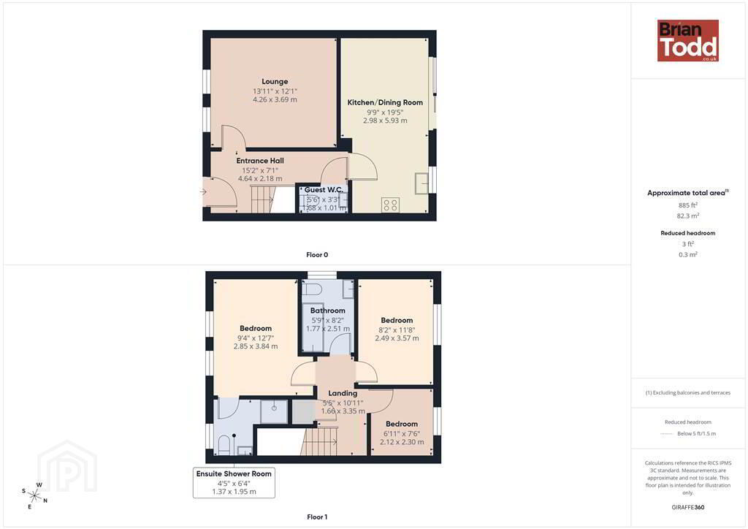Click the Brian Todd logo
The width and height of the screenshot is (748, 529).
688,40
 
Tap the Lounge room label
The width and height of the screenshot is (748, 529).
275,82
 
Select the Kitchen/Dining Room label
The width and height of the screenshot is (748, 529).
385,102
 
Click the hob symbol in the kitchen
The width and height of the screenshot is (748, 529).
390,205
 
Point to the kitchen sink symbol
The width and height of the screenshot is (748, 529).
421,183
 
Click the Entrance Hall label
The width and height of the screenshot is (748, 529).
260,161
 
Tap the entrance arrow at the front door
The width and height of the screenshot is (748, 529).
203,192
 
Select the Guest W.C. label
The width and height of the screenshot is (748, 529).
324,190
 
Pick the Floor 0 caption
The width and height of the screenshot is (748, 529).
317,255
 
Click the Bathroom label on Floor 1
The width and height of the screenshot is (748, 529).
328,311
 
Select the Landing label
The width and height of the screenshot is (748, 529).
343,393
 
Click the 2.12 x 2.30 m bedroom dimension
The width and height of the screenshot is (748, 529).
402,442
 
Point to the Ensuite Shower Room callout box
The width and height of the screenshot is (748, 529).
234,483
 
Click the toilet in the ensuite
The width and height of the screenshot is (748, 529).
224,444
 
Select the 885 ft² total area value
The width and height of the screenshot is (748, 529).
688,205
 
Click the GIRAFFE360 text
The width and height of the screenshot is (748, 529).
688,507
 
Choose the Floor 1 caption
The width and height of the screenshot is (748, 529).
317,517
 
